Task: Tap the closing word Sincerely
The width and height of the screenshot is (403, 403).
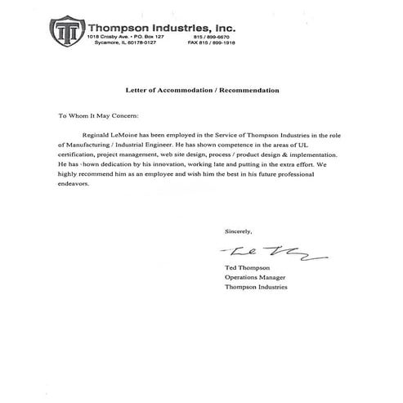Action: click(x=239, y=231)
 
